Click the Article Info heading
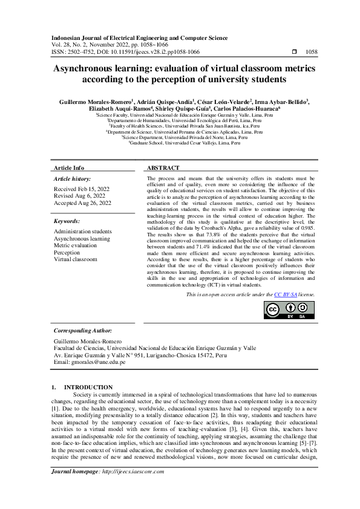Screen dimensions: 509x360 coord(69,167)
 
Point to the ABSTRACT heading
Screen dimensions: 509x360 coord(163,167)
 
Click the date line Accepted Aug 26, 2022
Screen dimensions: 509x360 coord(83,203)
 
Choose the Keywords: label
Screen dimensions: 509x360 coord(67,222)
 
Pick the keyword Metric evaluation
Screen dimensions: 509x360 coord(76,245)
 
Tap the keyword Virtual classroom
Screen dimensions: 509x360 coord(75,259)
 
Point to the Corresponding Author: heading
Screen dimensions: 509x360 coord(82,331)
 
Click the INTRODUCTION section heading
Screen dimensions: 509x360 coord(88,387)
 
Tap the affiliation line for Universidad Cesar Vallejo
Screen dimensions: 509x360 coord(180,143)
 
